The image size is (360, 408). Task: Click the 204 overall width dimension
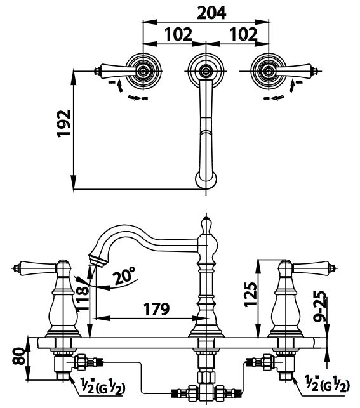(211, 13)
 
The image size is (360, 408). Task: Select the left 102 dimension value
(178, 34)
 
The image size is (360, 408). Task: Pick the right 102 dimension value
(243, 34)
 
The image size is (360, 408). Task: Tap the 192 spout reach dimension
(63, 123)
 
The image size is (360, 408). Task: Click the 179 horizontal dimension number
(156, 309)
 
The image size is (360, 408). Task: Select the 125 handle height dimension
(251, 294)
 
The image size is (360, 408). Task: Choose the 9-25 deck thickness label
(319, 306)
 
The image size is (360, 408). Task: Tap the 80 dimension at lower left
(19, 356)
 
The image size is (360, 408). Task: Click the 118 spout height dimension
(83, 298)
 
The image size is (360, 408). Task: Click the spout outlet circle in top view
(206, 180)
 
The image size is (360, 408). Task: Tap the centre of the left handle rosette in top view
(143, 71)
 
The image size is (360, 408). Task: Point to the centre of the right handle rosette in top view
(268, 71)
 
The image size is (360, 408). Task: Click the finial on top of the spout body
(206, 225)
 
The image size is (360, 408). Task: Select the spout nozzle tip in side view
(98, 260)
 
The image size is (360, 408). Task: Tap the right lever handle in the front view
(314, 268)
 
